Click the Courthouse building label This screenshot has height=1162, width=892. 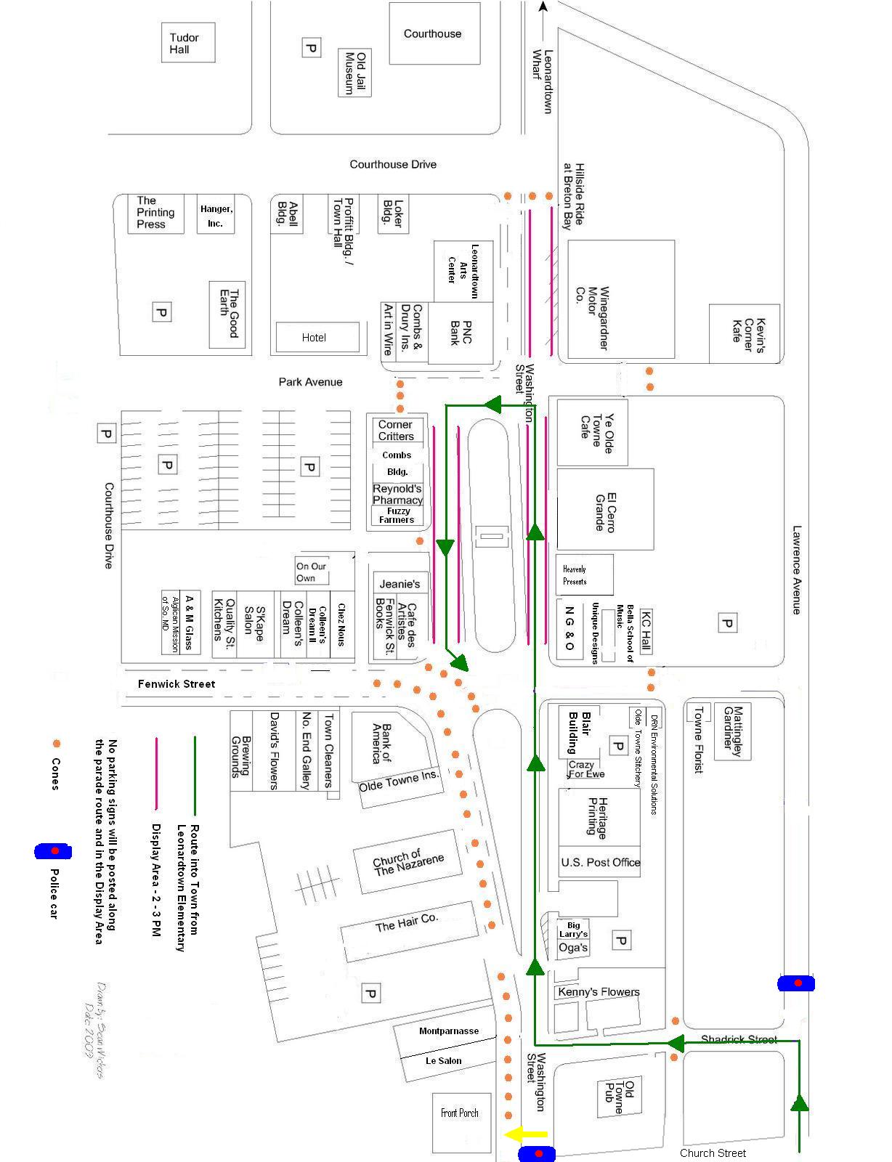432,33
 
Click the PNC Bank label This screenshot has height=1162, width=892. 461,333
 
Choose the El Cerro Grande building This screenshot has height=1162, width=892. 605,510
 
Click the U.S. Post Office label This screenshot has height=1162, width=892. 600,862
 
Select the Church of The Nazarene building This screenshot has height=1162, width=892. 408,862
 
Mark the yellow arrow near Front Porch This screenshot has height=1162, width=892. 526,1134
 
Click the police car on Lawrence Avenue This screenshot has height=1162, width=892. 796,983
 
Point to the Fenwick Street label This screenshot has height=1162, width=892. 177,683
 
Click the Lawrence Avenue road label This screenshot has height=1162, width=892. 797,570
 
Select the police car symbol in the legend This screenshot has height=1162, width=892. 53,850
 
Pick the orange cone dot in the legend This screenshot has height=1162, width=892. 55,744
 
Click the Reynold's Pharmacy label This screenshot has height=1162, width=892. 397,494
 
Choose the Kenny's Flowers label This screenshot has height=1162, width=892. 599,992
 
